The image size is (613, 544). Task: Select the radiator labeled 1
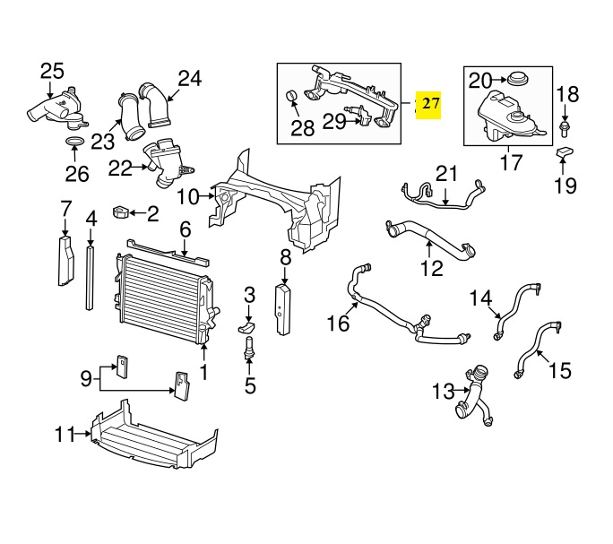point(161,297)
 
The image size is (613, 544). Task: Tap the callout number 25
point(52,71)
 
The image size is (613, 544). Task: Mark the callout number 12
point(431,268)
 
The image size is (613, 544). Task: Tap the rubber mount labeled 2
point(119,212)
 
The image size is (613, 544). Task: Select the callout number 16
point(338,324)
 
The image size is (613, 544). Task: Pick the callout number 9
point(85,378)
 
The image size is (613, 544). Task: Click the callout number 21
point(445,173)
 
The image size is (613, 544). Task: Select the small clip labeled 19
point(566,156)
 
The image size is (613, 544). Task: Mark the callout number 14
point(481,297)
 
